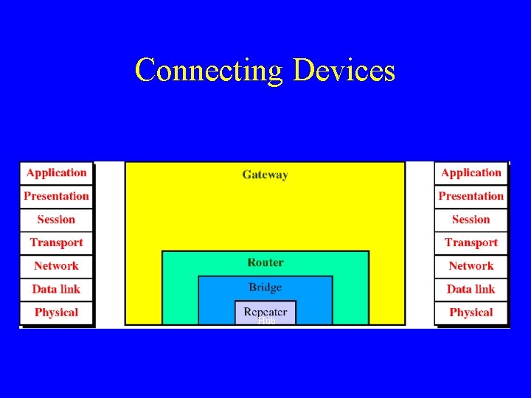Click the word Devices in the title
(344, 71)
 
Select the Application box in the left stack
(56, 173)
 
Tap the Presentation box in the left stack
(56, 196)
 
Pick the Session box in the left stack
(56, 220)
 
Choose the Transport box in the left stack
(56, 242)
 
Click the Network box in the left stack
(56, 266)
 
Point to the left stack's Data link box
(56, 289)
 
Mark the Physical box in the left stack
(56, 313)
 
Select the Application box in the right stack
(471, 173)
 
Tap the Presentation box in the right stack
(471, 196)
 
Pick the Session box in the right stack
(471, 220)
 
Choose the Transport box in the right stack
(471, 242)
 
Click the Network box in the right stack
(471, 266)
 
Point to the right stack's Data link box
(471, 289)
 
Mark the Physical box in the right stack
(471, 313)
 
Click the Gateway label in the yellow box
(265, 175)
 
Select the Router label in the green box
(265, 262)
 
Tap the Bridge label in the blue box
(265, 287)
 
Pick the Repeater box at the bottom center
(265, 312)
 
